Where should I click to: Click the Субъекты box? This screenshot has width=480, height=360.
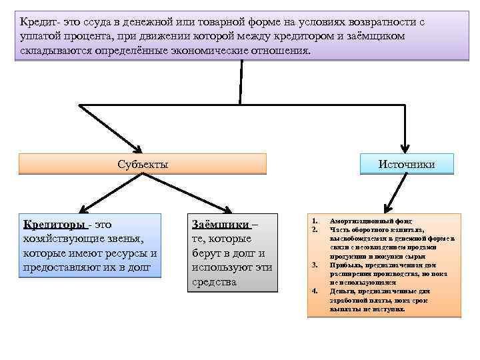click(x=142, y=164)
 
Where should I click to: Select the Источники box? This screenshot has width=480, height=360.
click(x=406, y=164)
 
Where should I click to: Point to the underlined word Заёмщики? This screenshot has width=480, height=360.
click(x=220, y=225)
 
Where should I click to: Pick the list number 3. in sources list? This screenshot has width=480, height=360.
click(x=314, y=265)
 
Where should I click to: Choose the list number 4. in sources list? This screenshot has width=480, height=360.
click(x=314, y=291)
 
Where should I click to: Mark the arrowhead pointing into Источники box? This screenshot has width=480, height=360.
click(x=405, y=149)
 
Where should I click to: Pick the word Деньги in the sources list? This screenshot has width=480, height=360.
click(x=343, y=291)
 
